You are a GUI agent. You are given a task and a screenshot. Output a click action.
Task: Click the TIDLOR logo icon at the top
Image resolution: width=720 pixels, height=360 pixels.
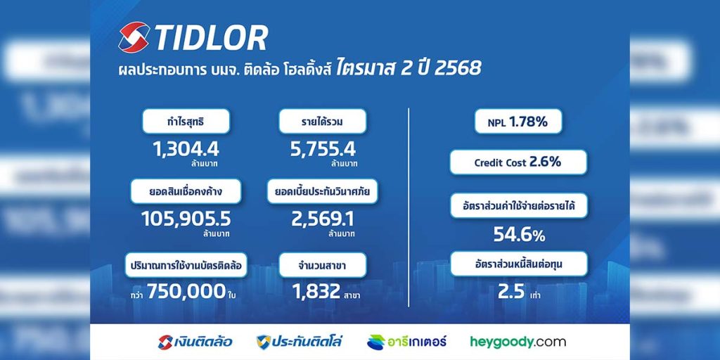134,38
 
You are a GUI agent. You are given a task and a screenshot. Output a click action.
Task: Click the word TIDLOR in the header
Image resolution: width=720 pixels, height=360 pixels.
211,39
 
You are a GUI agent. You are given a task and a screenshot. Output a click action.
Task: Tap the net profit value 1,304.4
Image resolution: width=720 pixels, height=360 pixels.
186,148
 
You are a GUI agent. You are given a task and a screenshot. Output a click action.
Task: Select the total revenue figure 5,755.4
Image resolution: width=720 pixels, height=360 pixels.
323,148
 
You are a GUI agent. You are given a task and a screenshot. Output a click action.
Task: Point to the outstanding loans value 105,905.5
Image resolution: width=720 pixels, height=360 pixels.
186,219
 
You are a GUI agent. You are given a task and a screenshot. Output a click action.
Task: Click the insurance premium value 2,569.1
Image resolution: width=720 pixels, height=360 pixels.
323,219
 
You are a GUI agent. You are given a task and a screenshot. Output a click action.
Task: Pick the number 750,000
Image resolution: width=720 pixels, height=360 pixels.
186,291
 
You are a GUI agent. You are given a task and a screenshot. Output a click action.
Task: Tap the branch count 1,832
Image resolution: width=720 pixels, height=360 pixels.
315,291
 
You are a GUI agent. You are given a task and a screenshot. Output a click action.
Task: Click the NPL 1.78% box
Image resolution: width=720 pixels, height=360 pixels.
519,122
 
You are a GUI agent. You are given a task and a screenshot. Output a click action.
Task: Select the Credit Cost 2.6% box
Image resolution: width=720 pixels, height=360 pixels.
518,162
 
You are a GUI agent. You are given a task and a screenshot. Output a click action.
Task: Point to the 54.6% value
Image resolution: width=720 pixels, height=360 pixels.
519,235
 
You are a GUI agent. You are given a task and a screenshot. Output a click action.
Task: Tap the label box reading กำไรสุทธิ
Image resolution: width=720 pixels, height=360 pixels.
186,122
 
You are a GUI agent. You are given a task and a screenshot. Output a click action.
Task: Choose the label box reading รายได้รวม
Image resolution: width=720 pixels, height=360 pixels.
323,122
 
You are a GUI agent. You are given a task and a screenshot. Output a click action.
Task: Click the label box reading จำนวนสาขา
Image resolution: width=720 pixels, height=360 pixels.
323,265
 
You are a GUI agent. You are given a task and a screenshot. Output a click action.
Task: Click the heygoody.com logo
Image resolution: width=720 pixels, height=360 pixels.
517,342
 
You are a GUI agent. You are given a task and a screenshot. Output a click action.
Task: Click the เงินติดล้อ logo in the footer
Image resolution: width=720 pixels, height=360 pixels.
195,342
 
